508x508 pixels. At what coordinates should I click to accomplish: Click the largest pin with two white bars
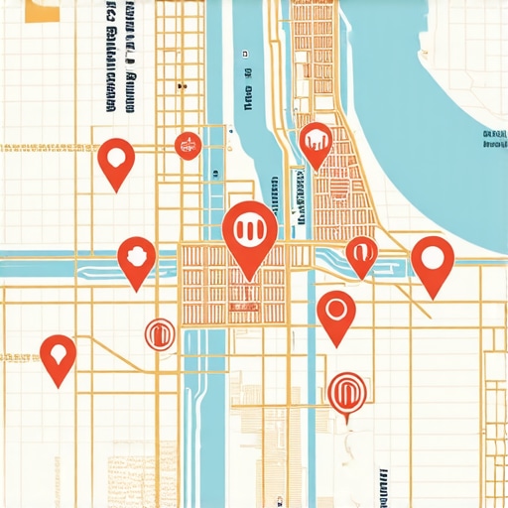click(250, 231)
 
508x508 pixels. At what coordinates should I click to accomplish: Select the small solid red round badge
click(187, 146)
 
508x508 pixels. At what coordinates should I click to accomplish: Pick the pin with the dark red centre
click(136, 257)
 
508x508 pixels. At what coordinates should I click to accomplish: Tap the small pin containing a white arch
click(361, 253)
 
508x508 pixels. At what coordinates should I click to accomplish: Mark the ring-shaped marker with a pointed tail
click(345, 391)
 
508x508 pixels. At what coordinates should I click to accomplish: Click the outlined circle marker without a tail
click(159, 334)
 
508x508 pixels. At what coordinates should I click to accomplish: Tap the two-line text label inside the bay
click(493, 138)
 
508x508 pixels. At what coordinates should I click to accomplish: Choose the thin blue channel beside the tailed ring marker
click(312, 397)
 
